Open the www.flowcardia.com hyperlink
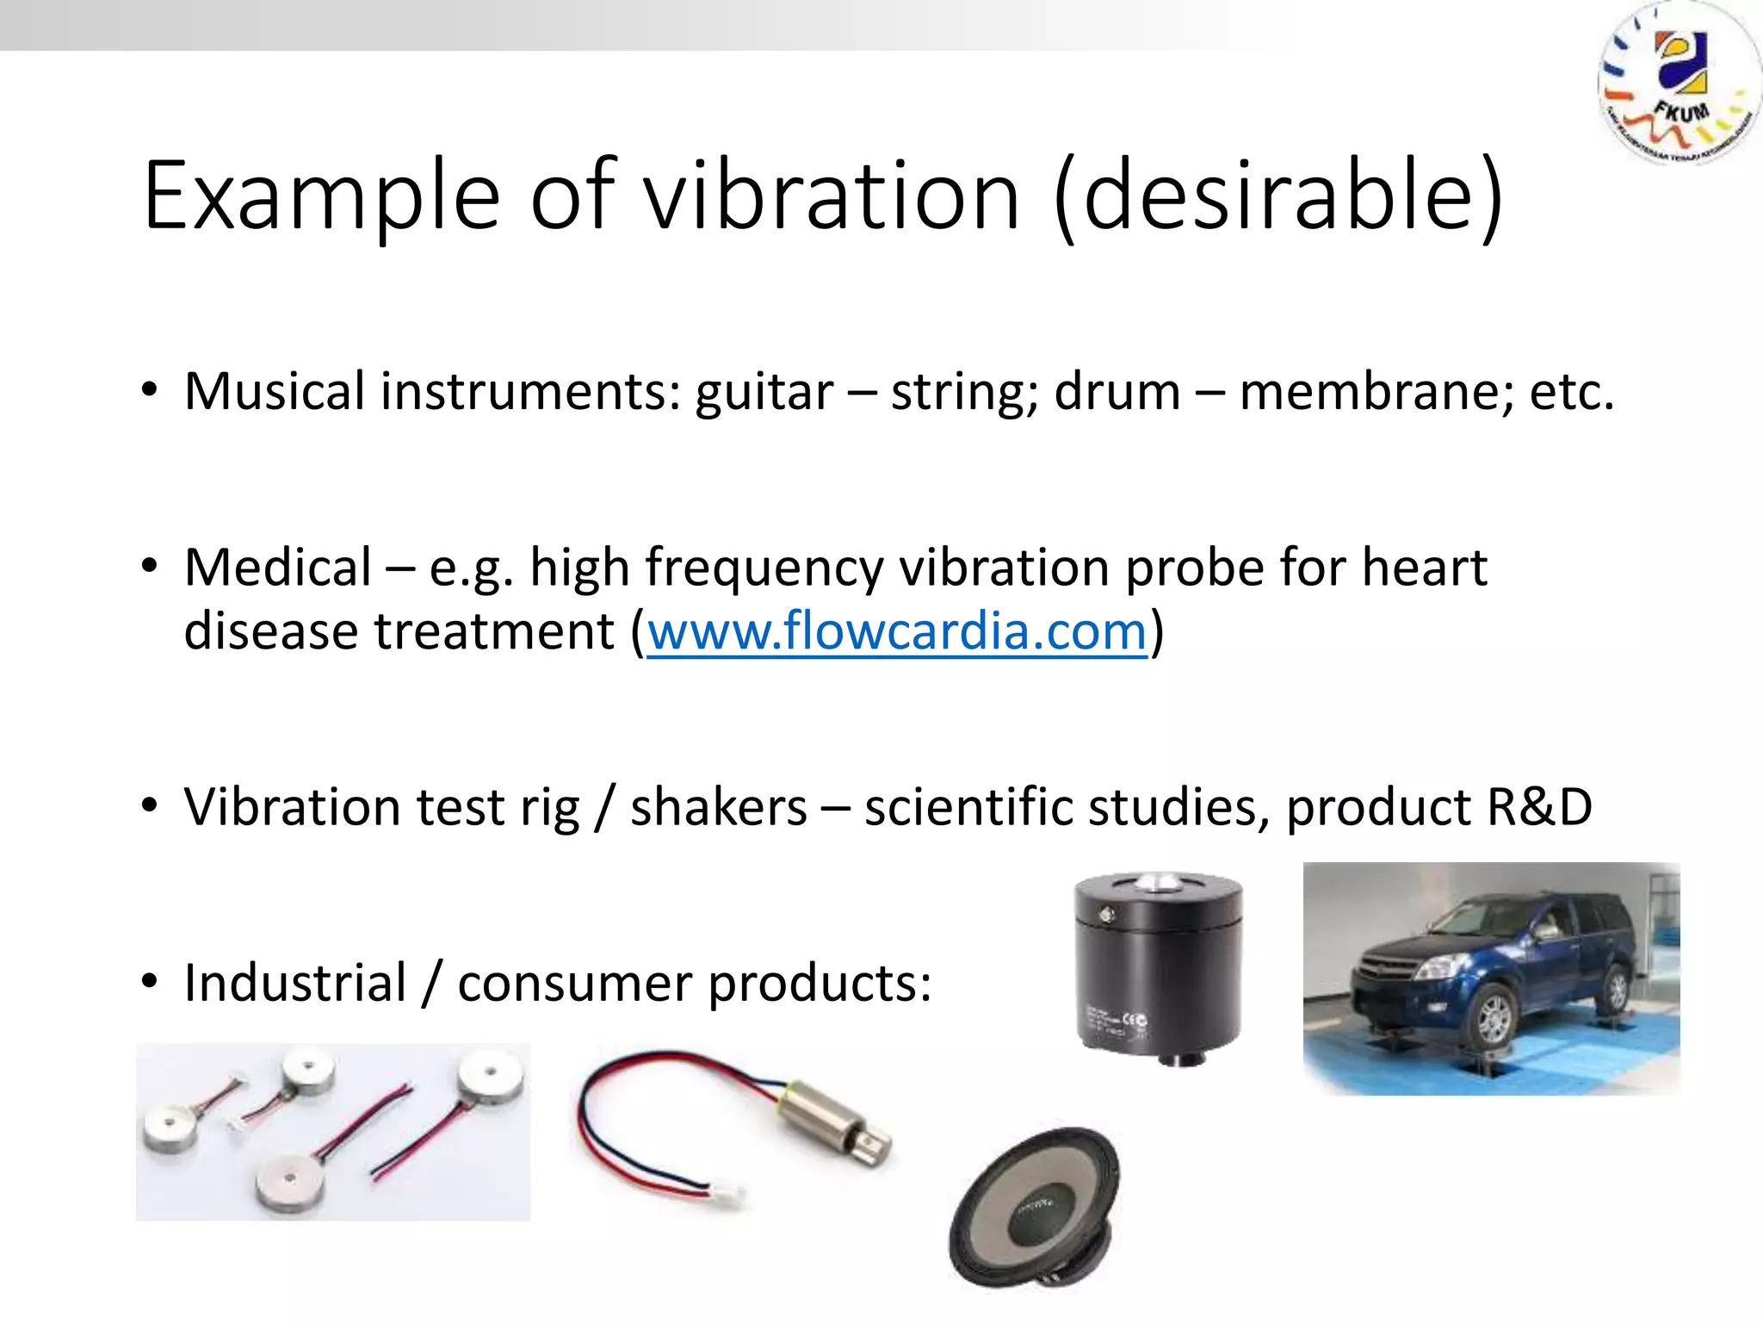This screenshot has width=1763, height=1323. [897, 631]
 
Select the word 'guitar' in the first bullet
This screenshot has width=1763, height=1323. [764, 392]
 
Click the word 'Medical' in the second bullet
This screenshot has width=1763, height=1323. [277, 568]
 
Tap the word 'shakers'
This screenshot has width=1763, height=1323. [719, 807]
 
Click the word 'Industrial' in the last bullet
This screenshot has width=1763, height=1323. [295, 983]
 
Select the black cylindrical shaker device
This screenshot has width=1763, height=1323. [1158, 969]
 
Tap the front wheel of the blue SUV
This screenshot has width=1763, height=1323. [1494, 1018]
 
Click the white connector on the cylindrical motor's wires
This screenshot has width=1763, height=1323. [723, 1194]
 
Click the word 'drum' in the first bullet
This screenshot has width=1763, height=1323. [1117, 392]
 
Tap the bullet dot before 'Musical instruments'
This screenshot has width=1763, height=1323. [150, 390]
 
